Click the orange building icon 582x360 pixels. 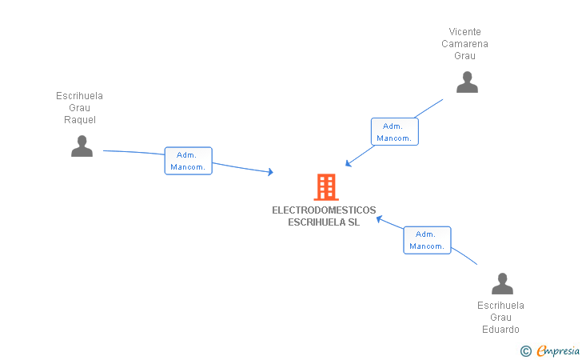pos(325,187)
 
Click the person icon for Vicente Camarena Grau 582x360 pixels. pos(467,82)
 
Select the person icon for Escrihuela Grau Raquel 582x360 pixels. pos(82,146)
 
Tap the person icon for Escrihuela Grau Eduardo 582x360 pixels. pos(502,284)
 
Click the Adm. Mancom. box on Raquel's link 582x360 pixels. pos(188,161)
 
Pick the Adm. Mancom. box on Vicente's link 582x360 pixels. pos(394,132)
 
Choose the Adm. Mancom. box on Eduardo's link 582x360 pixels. pos(427,240)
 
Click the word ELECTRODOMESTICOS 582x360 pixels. pos(324,210)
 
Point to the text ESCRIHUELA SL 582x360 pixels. pos(324,222)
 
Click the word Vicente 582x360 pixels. pos(465,32)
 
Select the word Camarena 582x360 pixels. pos(465,44)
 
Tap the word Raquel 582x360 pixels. pos(80,120)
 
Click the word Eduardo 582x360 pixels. pos(500,330)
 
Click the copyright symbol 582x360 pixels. pos(525,350)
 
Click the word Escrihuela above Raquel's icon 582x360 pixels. pos(80,96)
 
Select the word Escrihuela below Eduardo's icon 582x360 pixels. pos(500,306)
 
